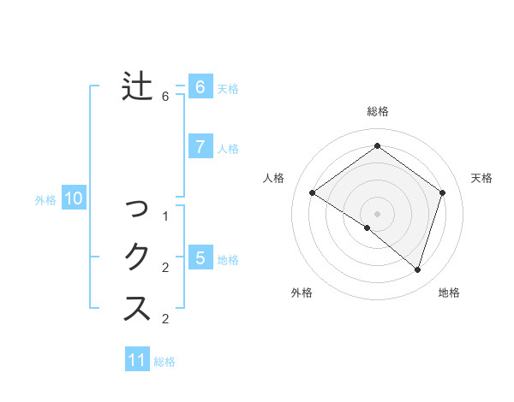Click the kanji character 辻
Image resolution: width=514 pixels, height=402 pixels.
coord(137,86)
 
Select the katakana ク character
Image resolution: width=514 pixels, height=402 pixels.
coord(138,257)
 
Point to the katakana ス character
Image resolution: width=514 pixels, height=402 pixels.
coord(138,307)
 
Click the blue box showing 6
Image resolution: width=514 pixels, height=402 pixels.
coord(200,86)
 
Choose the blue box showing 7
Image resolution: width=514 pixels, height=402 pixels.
coord(200,146)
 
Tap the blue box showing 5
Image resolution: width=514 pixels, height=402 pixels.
coord(200,257)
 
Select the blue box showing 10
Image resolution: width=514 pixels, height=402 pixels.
coord(74,199)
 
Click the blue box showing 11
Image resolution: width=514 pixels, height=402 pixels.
coord(137,360)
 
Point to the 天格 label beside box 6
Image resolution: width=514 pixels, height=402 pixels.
coord(228,88)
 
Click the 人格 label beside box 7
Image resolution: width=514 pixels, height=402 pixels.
coord(228,148)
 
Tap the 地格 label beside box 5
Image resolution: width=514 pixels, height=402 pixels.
coord(228,259)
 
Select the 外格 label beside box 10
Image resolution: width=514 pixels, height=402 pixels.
coord(45,200)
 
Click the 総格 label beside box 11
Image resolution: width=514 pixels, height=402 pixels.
coord(164,362)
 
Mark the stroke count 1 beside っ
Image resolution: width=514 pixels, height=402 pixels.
coord(165,216)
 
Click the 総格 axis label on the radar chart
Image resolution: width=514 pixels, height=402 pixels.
coord(377,111)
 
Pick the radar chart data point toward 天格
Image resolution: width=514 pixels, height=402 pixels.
coord(442,192)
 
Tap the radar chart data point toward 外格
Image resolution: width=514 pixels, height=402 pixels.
coord(367,228)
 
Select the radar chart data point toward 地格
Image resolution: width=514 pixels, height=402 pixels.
coord(417,269)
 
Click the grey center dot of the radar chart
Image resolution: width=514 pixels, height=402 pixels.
coord(377,213)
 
